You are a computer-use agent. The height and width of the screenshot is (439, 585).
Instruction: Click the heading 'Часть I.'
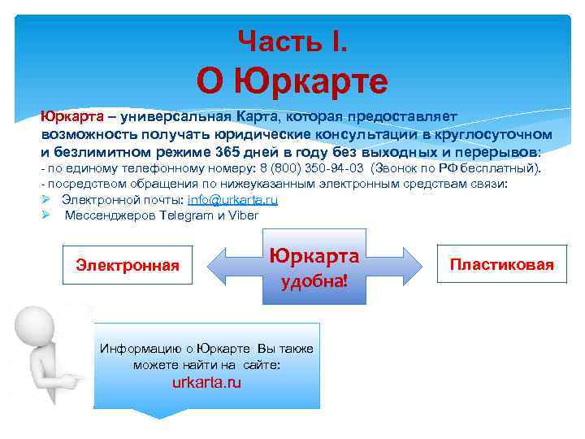pos(292,40)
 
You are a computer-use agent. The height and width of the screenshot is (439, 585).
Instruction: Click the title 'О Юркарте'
pos(292,81)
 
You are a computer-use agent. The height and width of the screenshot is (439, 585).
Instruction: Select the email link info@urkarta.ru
pos(232,200)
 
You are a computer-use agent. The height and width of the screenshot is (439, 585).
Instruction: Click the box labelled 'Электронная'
pos(128,264)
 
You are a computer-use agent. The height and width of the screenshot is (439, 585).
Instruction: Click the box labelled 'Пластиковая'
pos(501,264)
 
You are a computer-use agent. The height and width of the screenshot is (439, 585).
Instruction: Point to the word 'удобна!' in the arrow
pos(314,282)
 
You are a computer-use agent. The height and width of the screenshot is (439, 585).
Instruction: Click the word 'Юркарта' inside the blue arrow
pos(314,256)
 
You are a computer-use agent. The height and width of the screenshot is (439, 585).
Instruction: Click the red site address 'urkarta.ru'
pos(206,383)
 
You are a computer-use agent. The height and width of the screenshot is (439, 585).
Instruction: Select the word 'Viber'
pos(242,215)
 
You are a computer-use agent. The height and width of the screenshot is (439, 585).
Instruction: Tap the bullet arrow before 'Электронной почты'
pos(47,200)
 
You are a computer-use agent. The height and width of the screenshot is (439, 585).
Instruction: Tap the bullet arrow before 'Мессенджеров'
pos(47,215)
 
